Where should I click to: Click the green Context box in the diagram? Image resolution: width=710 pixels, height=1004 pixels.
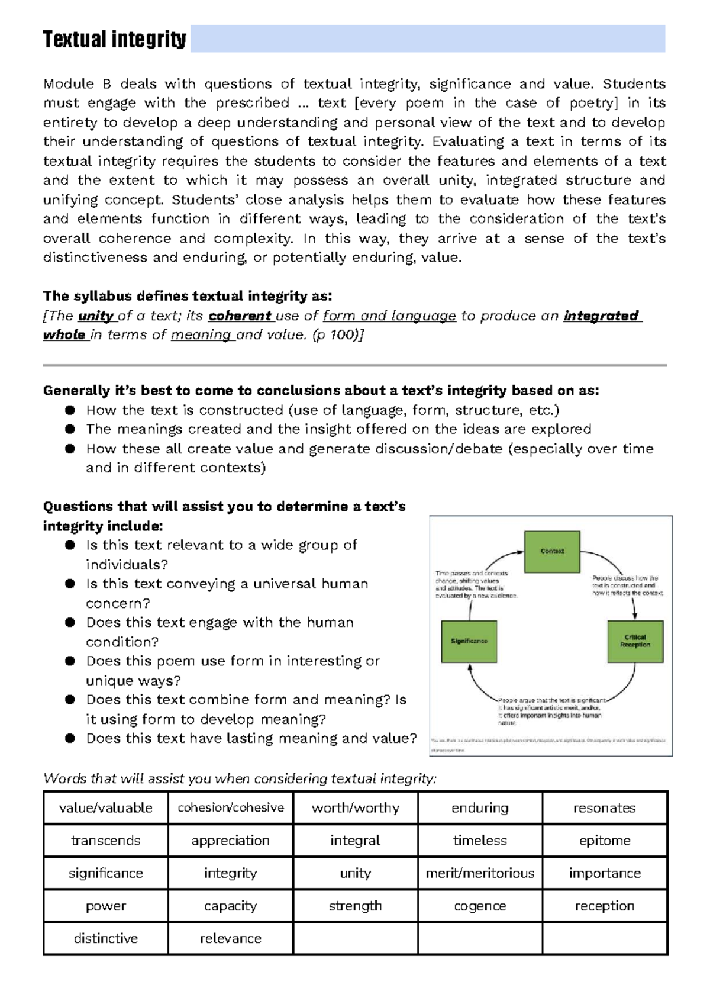(x=552, y=551)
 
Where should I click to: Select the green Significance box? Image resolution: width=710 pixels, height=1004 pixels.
(x=469, y=641)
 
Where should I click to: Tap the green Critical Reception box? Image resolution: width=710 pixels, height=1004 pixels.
(x=635, y=641)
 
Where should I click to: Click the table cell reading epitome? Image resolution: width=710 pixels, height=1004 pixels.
(x=605, y=841)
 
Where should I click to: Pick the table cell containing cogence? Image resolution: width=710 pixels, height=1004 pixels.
(x=480, y=906)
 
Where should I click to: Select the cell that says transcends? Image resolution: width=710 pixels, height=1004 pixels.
(x=106, y=841)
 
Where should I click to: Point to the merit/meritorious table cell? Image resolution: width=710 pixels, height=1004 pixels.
(x=480, y=873)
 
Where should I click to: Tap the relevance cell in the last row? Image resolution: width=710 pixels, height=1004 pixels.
(x=230, y=938)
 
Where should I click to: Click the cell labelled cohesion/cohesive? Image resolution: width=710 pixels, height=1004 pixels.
(x=230, y=807)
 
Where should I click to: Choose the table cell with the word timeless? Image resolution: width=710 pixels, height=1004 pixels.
(x=480, y=841)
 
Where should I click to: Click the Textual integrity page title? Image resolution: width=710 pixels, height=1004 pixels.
(x=114, y=40)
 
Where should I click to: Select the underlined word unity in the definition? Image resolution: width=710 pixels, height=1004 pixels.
(x=95, y=316)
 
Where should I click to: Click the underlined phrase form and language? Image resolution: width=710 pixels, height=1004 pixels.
(x=389, y=316)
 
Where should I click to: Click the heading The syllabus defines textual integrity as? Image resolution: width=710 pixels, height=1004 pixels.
(x=187, y=296)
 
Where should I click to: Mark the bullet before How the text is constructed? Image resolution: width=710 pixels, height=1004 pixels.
(x=70, y=410)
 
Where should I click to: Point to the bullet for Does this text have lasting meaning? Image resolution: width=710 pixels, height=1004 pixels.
(x=70, y=738)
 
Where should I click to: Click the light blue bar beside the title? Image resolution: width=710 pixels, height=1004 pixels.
(x=427, y=39)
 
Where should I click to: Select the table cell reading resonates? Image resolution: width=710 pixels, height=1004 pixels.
(x=605, y=807)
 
